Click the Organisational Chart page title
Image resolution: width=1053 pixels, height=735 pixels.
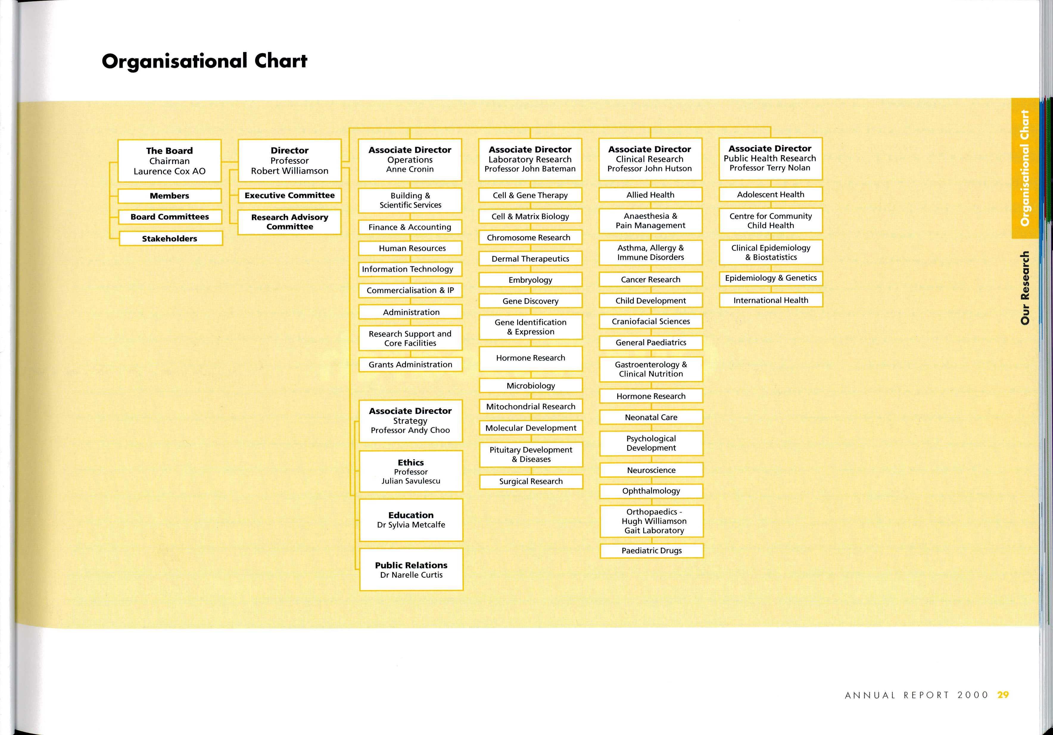pos(205,61)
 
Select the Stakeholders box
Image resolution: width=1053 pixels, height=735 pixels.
pos(171,238)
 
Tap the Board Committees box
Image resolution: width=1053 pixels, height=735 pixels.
pos(170,217)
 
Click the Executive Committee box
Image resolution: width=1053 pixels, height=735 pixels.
pos(289,195)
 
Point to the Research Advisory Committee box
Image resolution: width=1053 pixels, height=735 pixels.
pos(289,222)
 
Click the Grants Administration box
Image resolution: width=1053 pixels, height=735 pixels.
pos(410,364)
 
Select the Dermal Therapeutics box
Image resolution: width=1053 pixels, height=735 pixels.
pos(530,258)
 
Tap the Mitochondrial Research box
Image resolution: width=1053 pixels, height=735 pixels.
pos(531,406)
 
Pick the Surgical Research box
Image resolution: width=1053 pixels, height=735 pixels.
pos(531,481)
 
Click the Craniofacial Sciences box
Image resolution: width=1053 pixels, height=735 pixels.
pos(650,321)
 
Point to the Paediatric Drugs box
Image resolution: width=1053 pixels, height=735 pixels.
pos(651,550)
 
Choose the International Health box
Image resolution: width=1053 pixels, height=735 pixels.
pos(770,300)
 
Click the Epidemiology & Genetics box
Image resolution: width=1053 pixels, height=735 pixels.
pos(770,278)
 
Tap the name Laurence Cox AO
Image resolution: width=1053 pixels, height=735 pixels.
pos(169,171)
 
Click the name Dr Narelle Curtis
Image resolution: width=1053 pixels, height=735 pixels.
pos(411,575)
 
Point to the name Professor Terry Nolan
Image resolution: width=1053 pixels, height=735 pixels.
pos(769,168)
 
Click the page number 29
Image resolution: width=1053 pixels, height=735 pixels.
pos(1003,695)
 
